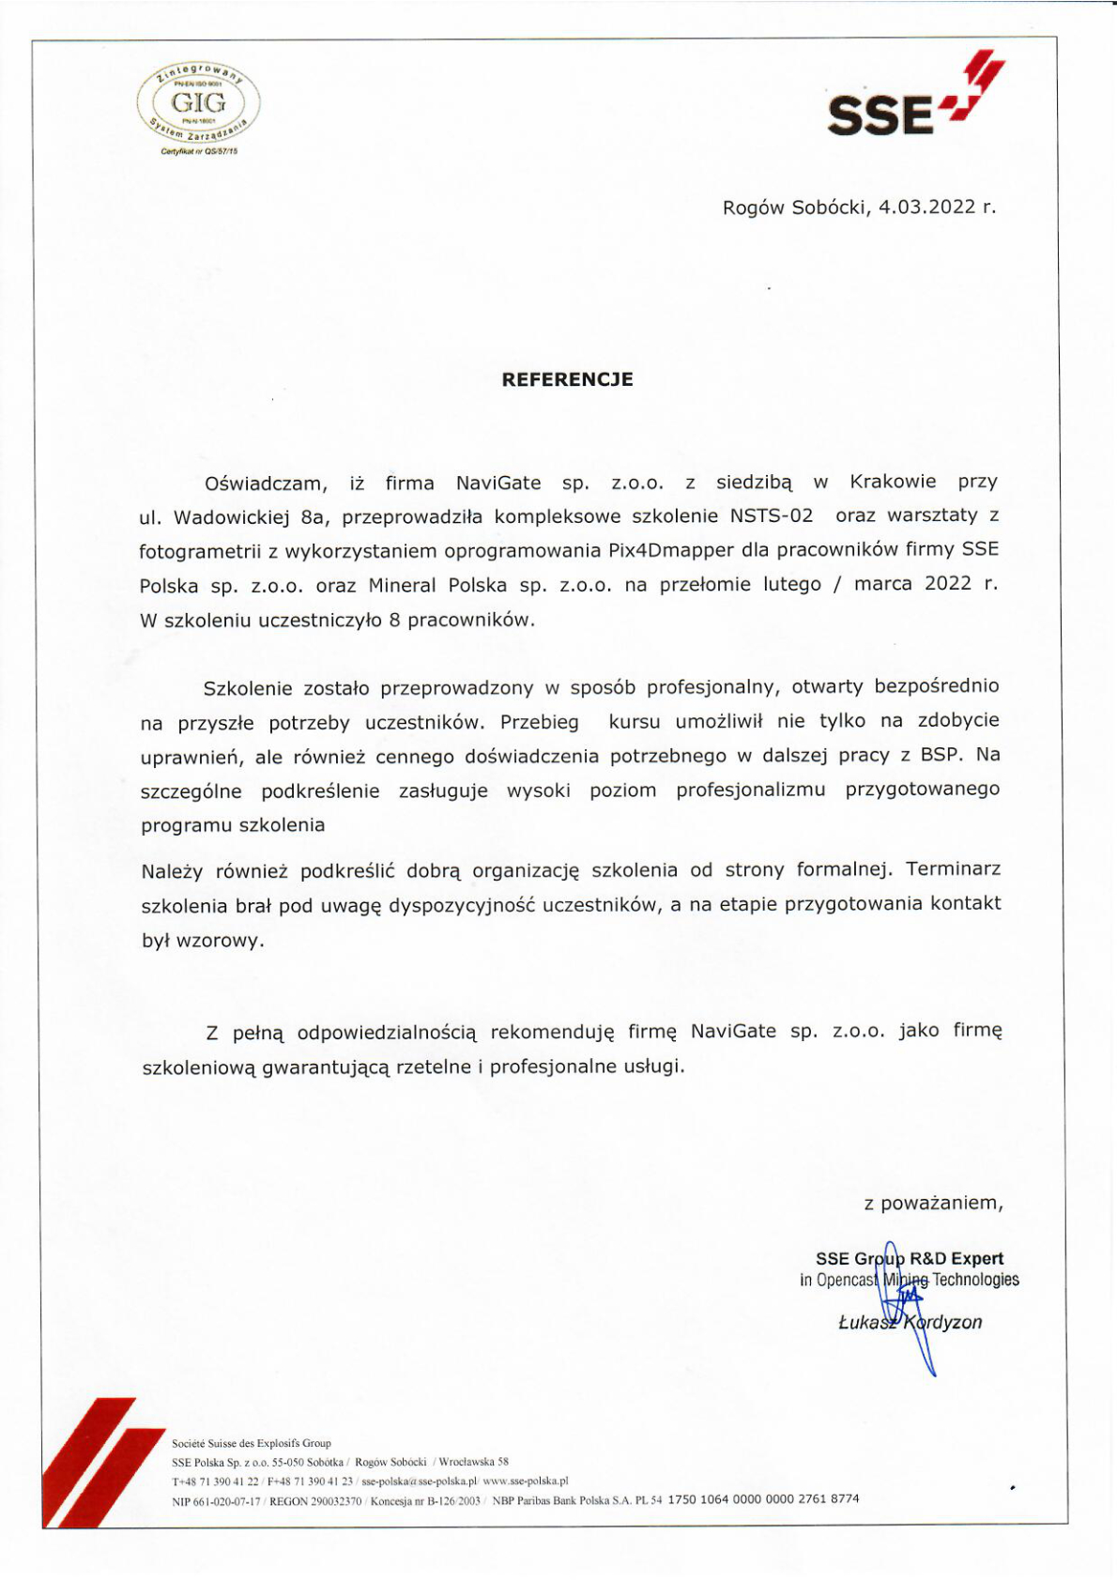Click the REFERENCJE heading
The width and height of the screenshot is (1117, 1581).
click(567, 379)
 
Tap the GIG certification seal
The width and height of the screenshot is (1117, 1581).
click(198, 104)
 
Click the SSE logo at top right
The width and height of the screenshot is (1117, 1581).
click(914, 98)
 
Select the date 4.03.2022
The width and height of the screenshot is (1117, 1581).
click(927, 207)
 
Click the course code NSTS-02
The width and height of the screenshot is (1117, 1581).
click(771, 515)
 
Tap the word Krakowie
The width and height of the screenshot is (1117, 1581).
click(893, 482)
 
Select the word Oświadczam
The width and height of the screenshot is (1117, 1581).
click(266, 484)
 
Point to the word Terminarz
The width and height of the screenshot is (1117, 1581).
click(953, 869)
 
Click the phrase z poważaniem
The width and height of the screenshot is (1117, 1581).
click(933, 1204)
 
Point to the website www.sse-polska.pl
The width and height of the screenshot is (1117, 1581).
click(525, 1481)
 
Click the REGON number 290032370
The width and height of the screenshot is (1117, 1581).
click(330, 1500)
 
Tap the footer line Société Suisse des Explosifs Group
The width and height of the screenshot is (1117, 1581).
click(251, 1443)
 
